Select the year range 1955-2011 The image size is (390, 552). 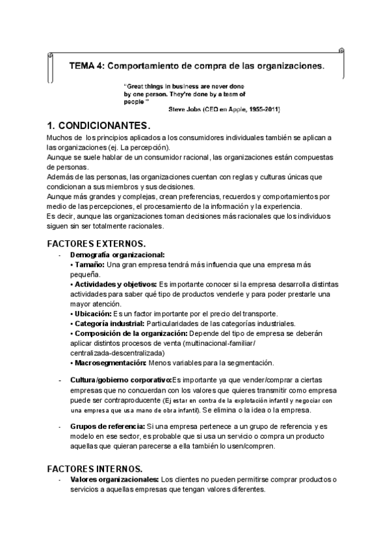point(262,109)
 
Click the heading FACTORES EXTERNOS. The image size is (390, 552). point(96,243)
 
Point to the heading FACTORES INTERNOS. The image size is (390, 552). point(95,469)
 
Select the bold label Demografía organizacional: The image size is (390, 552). point(118,255)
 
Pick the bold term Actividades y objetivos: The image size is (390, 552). point(114,284)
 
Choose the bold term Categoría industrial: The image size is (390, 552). point(109,324)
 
